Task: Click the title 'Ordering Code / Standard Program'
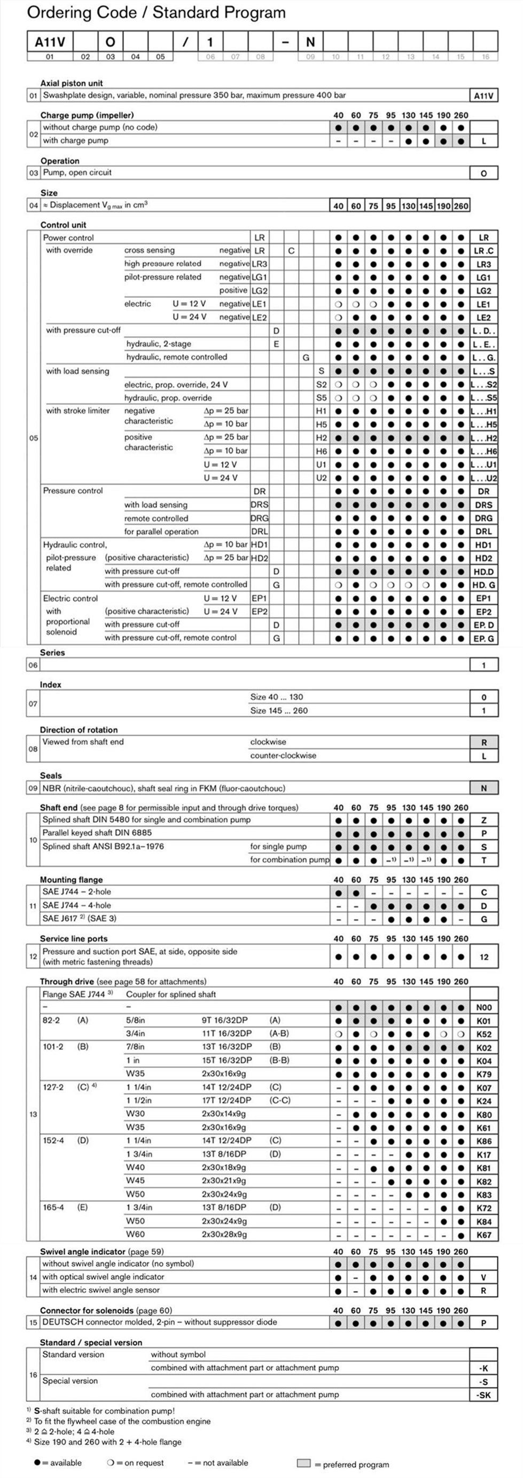[x=156, y=13]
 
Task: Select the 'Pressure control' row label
[x=73, y=491]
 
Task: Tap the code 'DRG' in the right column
[x=483, y=518]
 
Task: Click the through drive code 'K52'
[x=483, y=1034]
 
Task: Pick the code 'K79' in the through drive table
[x=483, y=1074]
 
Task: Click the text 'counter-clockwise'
[x=283, y=756]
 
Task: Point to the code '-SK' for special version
[x=483, y=1395]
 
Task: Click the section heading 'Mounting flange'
[x=71, y=880]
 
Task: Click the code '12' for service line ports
[x=483, y=957]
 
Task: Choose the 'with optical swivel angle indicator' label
[x=103, y=1277]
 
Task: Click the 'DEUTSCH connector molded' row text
[x=160, y=1322]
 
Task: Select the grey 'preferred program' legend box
[x=303, y=1463]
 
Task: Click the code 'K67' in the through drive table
[x=483, y=1235]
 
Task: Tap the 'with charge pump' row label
[x=76, y=140]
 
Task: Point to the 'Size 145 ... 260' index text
[x=279, y=711]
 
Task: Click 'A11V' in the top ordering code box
[x=50, y=42]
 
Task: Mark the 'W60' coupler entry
[x=136, y=1234]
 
